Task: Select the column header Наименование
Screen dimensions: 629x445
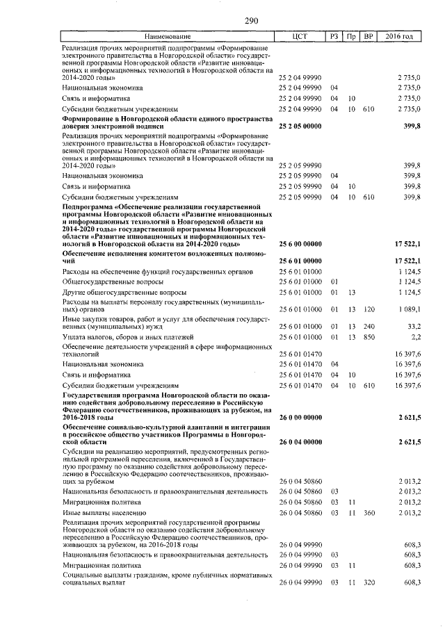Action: point(167,36)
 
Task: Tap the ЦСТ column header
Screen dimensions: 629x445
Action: point(300,36)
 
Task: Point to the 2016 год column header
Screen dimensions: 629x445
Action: point(399,36)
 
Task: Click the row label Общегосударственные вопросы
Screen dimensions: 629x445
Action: point(112,281)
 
